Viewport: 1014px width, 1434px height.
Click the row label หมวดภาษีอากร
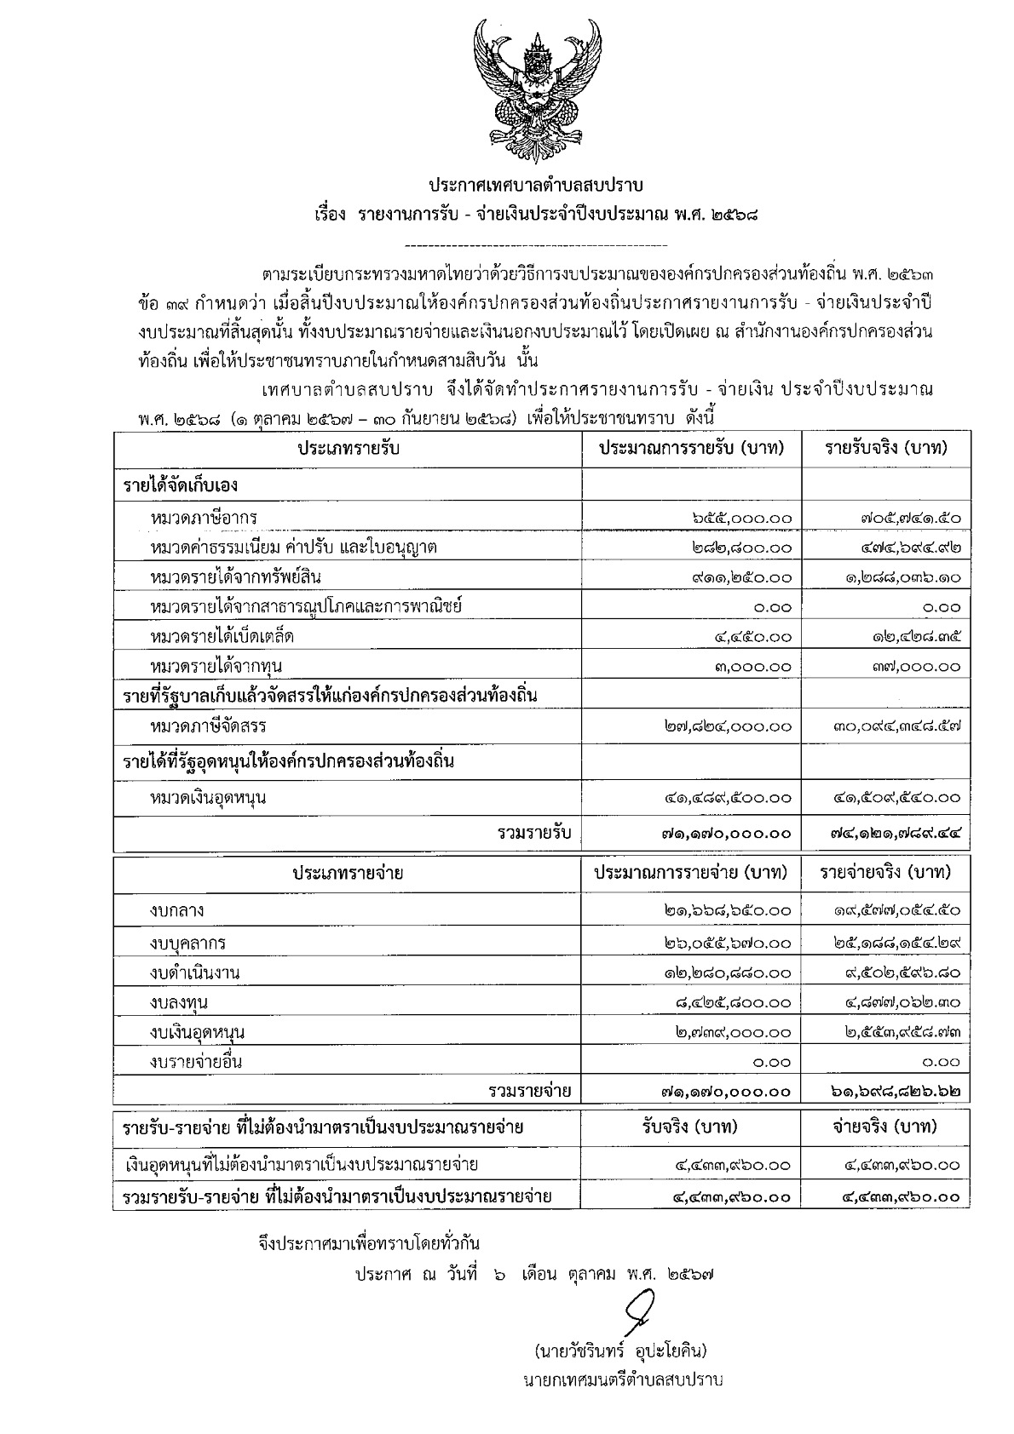pos(203,518)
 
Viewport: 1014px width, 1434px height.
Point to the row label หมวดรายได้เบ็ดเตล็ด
pos(222,637)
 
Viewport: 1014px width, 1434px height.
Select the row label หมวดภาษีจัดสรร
pos(208,727)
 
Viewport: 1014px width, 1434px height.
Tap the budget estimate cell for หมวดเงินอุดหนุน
pos(728,798)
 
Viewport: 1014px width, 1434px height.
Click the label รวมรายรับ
pos(534,833)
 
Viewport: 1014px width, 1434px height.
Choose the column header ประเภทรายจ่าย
pos(348,874)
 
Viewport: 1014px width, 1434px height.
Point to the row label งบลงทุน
pos(177,1002)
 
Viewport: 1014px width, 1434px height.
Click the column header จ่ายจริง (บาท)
pos(885,1127)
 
